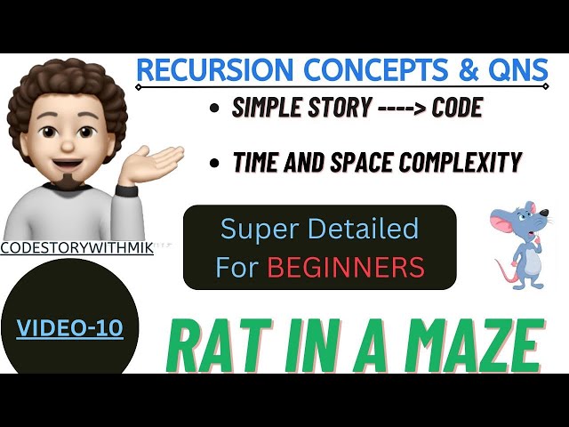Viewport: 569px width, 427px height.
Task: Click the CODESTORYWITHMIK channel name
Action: (76, 249)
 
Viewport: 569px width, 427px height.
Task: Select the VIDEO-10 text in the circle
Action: (70, 329)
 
